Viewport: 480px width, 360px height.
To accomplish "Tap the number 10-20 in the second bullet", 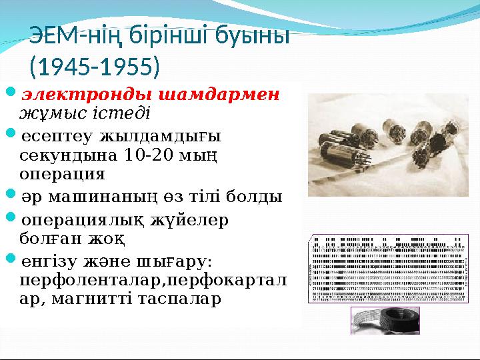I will [x=149, y=157].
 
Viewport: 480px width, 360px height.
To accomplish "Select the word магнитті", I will [x=116, y=298].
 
